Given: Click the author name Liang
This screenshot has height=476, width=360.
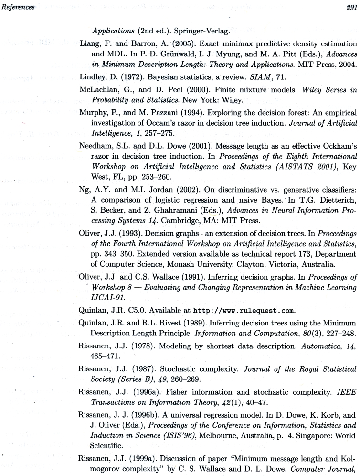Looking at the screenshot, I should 88,45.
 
